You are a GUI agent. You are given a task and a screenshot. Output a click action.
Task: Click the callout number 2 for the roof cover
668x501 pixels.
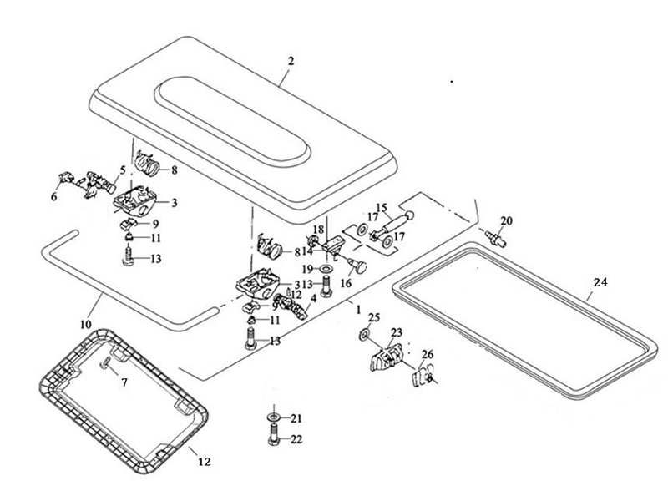(291, 60)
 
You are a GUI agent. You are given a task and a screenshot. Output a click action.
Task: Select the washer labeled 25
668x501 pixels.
(365, 334)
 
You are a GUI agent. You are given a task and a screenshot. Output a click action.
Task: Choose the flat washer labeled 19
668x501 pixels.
(324, 269)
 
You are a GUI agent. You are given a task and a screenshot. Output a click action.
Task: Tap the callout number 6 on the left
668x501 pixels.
(54, 196)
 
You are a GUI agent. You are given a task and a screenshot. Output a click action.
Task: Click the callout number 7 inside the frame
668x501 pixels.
(124, 382)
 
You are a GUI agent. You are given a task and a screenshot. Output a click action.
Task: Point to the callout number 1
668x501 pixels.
(358, 309)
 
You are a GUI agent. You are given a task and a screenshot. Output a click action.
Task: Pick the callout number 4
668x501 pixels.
(313, 298)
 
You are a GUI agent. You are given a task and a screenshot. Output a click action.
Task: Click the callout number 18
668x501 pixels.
(318, 230)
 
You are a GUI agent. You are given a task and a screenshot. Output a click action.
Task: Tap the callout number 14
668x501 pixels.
(307, 250)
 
